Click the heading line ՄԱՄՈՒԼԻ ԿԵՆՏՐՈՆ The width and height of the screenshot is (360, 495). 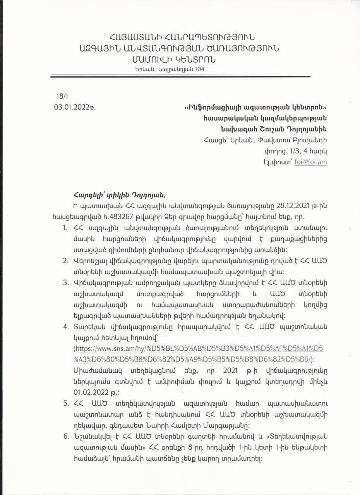173,60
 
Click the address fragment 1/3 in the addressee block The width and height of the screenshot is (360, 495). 289,151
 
